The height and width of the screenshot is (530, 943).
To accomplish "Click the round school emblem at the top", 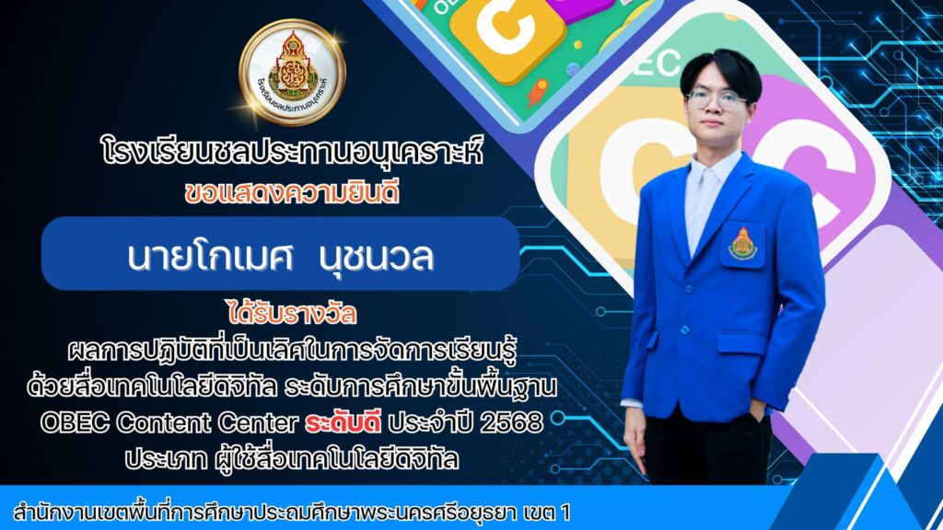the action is pyautogui.click(x=292, y=72).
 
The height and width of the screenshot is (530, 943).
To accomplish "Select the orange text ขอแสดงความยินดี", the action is pyautogui.click(x=292, y=193).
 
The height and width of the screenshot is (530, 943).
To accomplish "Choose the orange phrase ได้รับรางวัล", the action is pyautogui.click(x=292, y=313).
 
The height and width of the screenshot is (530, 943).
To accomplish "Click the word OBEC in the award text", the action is pyautogui.click(x=75, y=422).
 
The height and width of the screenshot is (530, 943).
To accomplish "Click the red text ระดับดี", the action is pyautogui.click(x=343, y=422).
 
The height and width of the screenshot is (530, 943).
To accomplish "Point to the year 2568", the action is pyautogui.click(x=512, y=423).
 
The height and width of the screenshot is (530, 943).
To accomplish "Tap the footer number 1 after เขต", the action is pyautogui.click(x=565, y=513).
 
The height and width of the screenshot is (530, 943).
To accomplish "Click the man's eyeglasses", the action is pyautogui.click(x=716, y=99).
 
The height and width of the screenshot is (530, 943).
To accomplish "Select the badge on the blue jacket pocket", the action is pyautogui.click(x=743, y=243).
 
